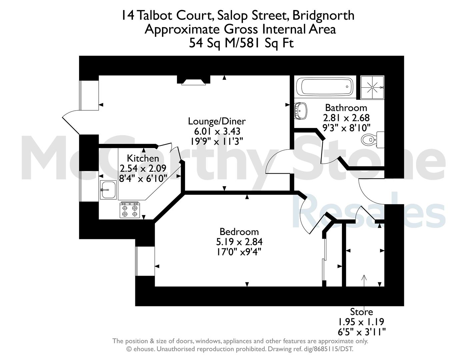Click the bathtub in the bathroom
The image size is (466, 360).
[324, 87]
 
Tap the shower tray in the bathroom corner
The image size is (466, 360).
[372, 87]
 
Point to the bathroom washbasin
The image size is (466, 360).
[300, 111]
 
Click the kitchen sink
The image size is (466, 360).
[108, 190]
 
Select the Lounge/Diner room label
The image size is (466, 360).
[217, 121]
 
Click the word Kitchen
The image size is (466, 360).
[143, 158]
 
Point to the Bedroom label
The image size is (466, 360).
[239, 232]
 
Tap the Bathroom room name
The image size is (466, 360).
[346, 108]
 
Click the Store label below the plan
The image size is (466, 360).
[362, 312]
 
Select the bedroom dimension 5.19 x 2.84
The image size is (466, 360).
[239, 242]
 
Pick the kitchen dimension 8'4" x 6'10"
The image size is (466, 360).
[143, 178]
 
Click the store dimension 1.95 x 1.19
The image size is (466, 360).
[361, 322]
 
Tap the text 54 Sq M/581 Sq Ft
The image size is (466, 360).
[241, 43]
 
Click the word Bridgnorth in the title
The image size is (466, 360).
[323, 15]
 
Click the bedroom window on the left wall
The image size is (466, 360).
[145, 261]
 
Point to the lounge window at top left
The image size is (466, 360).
[89, 95]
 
